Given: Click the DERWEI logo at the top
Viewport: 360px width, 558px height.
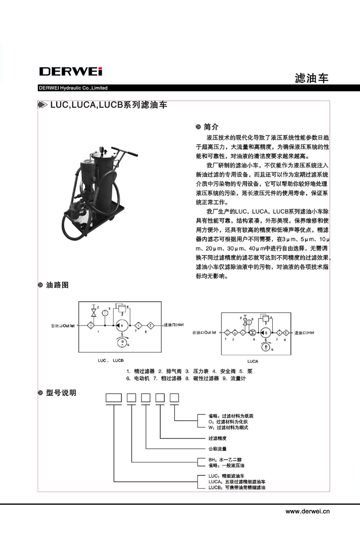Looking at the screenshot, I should pyautogui.click(x=71, y=72).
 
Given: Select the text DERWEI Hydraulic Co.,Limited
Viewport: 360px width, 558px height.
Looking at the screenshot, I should pyautogui.click(x=73, y=88).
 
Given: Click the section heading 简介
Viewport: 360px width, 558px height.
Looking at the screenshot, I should pyautogui.click(x=211, y=127).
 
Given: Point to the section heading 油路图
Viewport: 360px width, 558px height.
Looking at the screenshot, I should pyautogui.click(x=57, y=285).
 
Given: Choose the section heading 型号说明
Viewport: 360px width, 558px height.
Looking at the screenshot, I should pyautogui.click(x=60, y=393).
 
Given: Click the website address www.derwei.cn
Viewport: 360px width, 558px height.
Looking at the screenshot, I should pyautogui.click(x=308, y=511).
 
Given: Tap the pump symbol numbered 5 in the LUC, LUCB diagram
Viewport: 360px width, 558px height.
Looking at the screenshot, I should pyautogui.click(x=122, y=326).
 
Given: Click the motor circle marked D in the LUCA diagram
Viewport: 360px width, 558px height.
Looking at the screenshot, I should pyautogui.click(x=265, y=346).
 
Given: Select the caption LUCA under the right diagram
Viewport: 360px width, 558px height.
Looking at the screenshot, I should pyautogui.click(x=252, y=360).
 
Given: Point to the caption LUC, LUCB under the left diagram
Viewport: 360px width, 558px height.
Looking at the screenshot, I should pyautogui.click(x=111, y=359).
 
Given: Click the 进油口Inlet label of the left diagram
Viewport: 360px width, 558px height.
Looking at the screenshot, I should pyautogui.click(x=174, y=325).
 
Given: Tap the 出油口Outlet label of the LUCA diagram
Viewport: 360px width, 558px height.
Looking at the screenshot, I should pyautogui.click(x=204, y=332).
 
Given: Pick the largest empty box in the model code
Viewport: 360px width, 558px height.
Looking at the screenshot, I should pyautogui.click(x=113, y=398).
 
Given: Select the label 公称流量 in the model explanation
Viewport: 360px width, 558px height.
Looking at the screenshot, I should pyautogui.click(x=217, y=449).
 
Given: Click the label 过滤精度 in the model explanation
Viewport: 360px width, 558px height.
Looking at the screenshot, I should pyautogui.click(x=217, y=438).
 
